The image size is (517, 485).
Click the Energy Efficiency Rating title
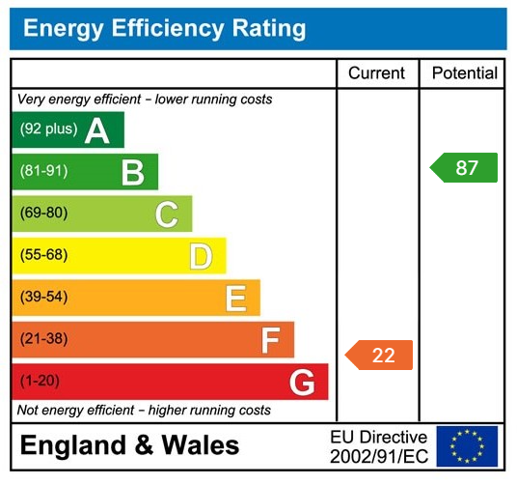point(164,28)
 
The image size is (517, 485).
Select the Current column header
point(376,73)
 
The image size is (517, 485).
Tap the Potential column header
point(464,73)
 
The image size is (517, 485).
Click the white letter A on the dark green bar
point(96,130)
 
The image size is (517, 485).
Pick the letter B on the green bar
point(132,172)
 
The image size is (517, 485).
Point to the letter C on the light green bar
point(167,214)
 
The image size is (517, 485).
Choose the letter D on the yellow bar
point(201,256)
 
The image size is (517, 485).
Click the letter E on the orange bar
point(235,299)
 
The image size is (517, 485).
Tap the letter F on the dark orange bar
point(270,340)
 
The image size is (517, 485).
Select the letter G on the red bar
point(302,383)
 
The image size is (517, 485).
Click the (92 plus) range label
point(49,129)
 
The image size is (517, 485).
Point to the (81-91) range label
point(43,172)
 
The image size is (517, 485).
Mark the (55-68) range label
point(43,256)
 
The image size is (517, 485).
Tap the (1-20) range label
point(40,382)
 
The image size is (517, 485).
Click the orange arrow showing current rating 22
point(379,355)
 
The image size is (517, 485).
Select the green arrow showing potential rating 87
point(464,168)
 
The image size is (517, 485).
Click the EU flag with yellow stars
point(467,446)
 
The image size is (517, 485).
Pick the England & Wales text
point(129,445)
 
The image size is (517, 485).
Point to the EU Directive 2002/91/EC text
point(378,446)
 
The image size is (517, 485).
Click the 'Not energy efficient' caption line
point(144,411)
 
